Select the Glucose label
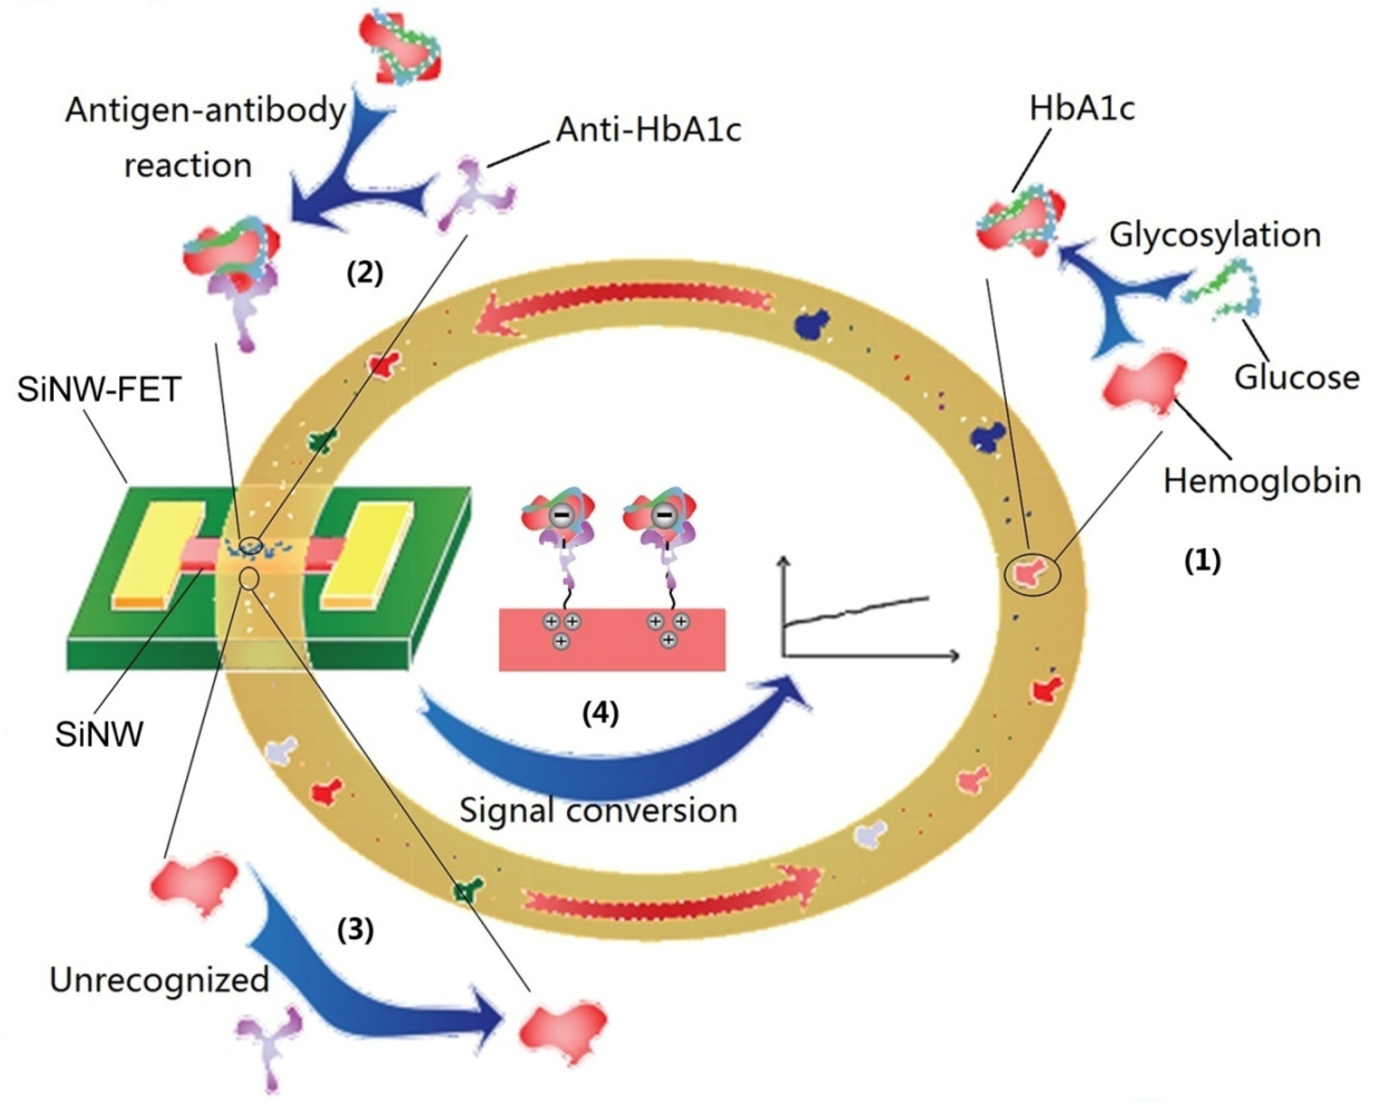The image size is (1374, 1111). [1296, 377]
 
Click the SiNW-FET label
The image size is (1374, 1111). [99, 389]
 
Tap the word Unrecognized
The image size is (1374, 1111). [159, 980]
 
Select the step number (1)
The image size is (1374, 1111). [1201, 561]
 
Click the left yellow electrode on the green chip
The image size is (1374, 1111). [158, 553]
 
